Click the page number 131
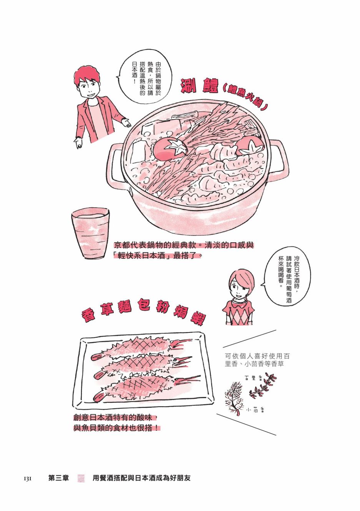tap(27, 478)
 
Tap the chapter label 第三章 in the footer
tap(59, 478)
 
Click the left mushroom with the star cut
tap(171, 149)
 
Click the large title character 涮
tap(189, 86)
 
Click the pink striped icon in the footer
tap(81, 478)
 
